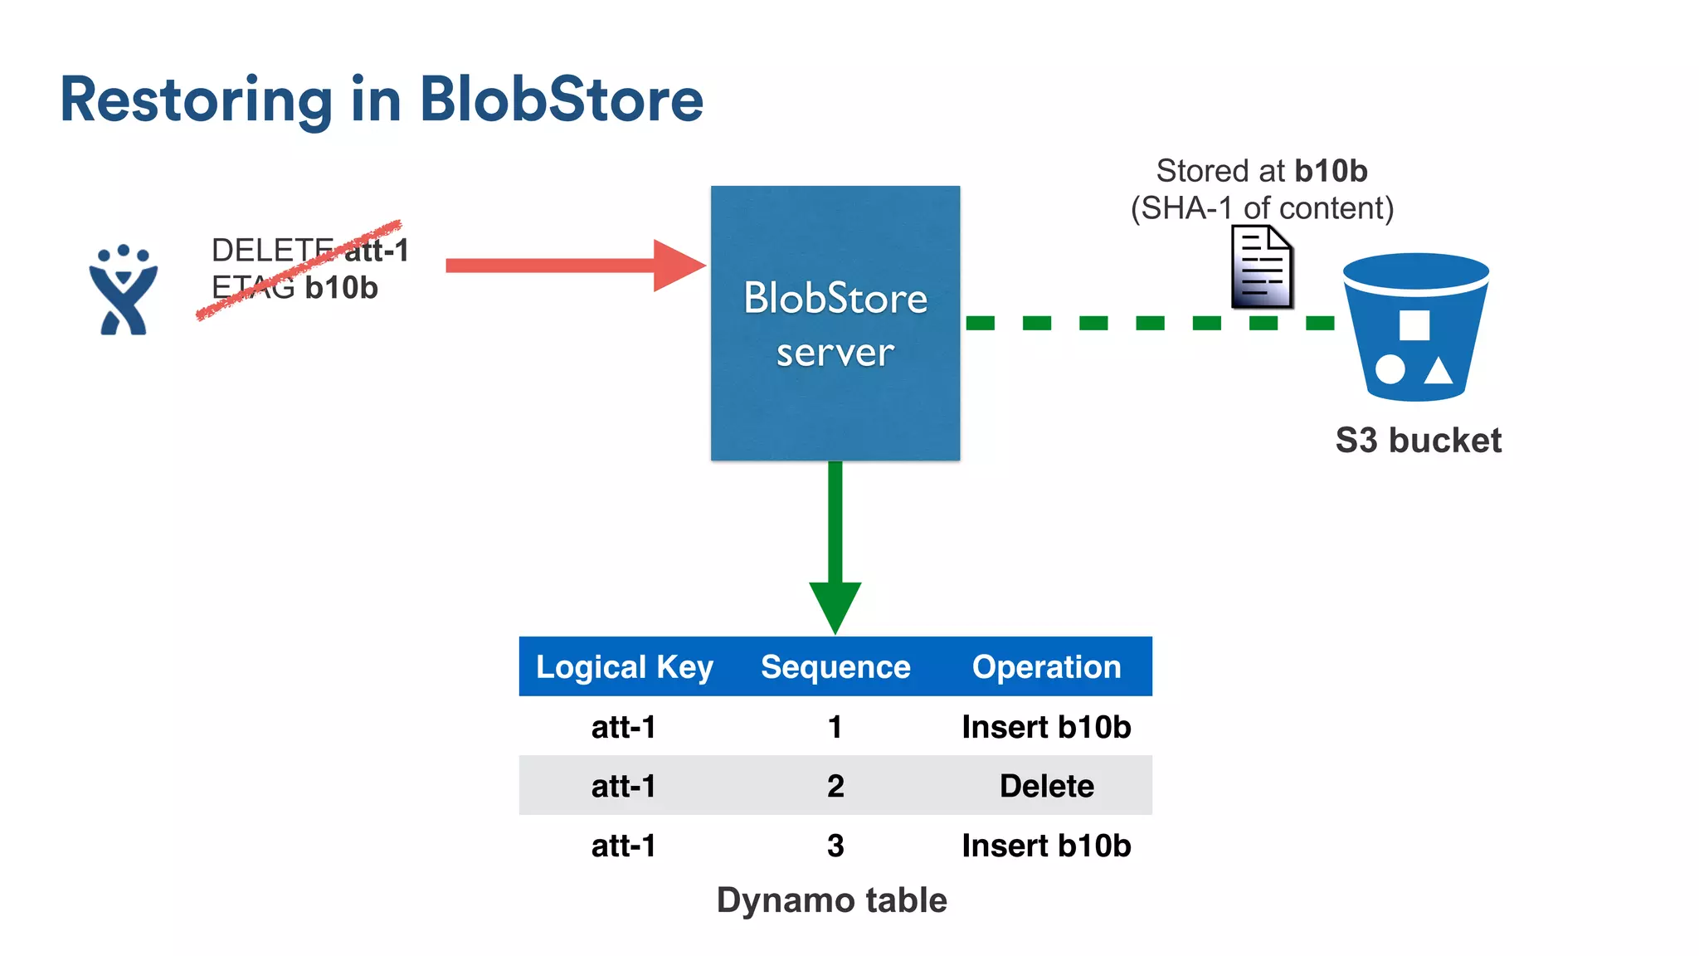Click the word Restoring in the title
pyautogui.click(x=196, y=100)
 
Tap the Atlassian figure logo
pyautogui.click(x=123, y=290)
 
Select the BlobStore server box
pyautogui.click(x=835, y=323)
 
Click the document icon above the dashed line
pyautogui.click(x=1262, y=268)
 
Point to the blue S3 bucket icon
pyautogui.click(x=1415, y=327)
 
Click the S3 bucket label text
pyautogui.click(x=1418, y=441)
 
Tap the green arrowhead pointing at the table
pyautogui.click(x=835, y=605)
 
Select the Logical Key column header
pyautogui.click(x=624, y=667)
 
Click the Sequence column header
pyautogui.click(x=835, y=667)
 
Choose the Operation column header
pyautogui.click(x=1046, y=667)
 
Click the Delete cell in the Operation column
pyautogui.click(x=1046, y=786)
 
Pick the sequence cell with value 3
pyautogui.click(x=835, y=846)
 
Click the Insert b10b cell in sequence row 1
pyautogui.click(x=1046, y=727)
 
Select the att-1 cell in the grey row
pyautogui.click(x=624, y=786)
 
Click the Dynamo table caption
pyautogui.click(x=831, y=900)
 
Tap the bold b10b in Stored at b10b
pyautogui.click(x=1331, y=171)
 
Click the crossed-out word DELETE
pyautogui.click(x=272, y=250)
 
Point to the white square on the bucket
pyautogui.click(x=1414, y=325)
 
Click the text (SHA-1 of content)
pyautogui.click(x=1262, y=208)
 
